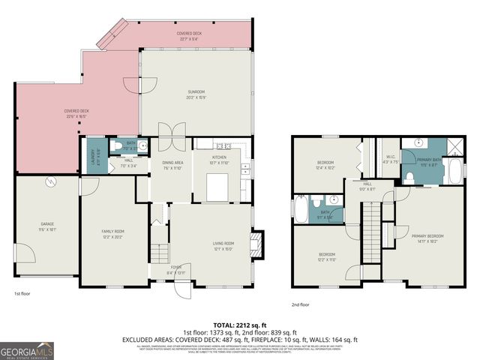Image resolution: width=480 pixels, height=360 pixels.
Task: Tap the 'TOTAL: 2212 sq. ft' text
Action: pos(239,325)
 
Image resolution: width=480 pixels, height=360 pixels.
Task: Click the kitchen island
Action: pos(217,184)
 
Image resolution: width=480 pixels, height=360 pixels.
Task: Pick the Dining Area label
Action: pos(172,165)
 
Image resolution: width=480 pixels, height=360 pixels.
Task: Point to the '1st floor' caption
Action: pos(23,294)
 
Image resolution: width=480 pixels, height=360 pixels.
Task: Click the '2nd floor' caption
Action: pos(301,304)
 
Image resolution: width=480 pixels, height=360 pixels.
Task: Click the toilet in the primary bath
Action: pos(409,177)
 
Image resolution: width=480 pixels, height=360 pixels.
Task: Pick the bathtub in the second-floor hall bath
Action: pos(301,209)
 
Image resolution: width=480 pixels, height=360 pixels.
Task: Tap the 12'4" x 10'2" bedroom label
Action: pos(324,165)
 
